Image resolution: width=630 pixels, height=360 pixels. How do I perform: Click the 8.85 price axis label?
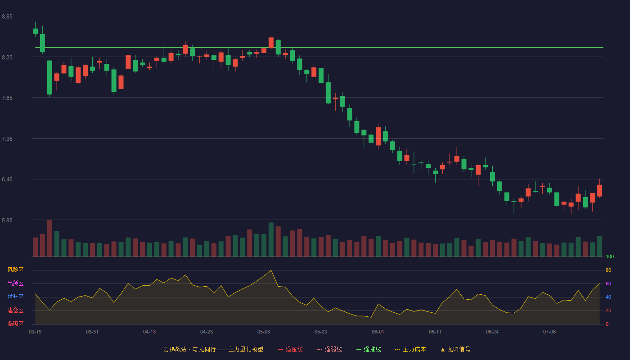click(x=7, y=17)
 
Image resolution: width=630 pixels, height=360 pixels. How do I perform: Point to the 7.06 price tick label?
click(x=7, y=139)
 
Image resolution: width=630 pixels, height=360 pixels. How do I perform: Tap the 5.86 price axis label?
click(x=7, y=220)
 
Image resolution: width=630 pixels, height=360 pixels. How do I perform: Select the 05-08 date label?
click(x=264, y=332)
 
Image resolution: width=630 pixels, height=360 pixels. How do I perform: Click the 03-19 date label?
click(x=35, y=332)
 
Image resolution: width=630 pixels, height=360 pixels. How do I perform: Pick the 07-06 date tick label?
click(x=549, y=332)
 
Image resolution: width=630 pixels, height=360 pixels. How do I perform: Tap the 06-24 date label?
click(x=492, y=332)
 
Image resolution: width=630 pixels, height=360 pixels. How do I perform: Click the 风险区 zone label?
click(x=15, y=270)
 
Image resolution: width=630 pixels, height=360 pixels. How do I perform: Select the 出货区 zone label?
click(x=15, y=283)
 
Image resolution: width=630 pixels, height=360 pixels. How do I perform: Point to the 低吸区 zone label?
click(x=15, y=324)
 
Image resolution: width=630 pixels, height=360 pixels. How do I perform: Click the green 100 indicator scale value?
click(x=610, y=256)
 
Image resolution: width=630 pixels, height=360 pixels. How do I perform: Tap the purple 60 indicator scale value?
click(x=608, y=283)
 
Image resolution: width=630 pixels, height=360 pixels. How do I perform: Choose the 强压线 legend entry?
click(x=290, y=349)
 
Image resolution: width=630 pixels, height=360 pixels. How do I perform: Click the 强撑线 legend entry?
click(x=369, y=349)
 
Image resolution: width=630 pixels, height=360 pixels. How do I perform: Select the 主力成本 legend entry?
click(x=410, y=349)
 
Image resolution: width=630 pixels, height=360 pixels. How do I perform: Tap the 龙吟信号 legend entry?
click(x=455, y=349)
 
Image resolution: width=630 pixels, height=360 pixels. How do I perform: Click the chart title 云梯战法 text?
click(x=175, y=349)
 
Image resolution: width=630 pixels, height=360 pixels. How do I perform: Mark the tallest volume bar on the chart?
click(x=49, y=238)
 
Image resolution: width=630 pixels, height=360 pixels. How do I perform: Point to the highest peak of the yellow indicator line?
click(x=271, y=270)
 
